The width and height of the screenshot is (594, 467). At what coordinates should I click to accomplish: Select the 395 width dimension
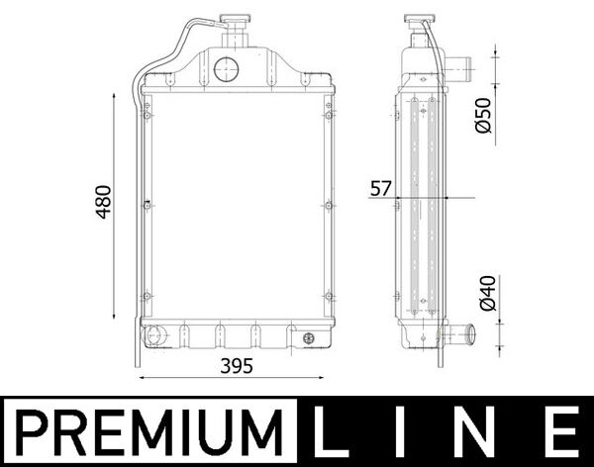(237, 366)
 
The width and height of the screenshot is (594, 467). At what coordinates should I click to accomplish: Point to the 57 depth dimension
(381, 188)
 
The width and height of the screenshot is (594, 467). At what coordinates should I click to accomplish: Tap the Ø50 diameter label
(482, 115)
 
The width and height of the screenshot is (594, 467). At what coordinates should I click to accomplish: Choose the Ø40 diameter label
(482, 295)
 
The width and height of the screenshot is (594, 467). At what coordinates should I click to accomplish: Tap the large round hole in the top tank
(226, 68)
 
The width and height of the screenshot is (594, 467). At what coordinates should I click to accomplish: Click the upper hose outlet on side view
(457, 69)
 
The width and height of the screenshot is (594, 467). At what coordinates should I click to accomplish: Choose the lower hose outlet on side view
(457, 334)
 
